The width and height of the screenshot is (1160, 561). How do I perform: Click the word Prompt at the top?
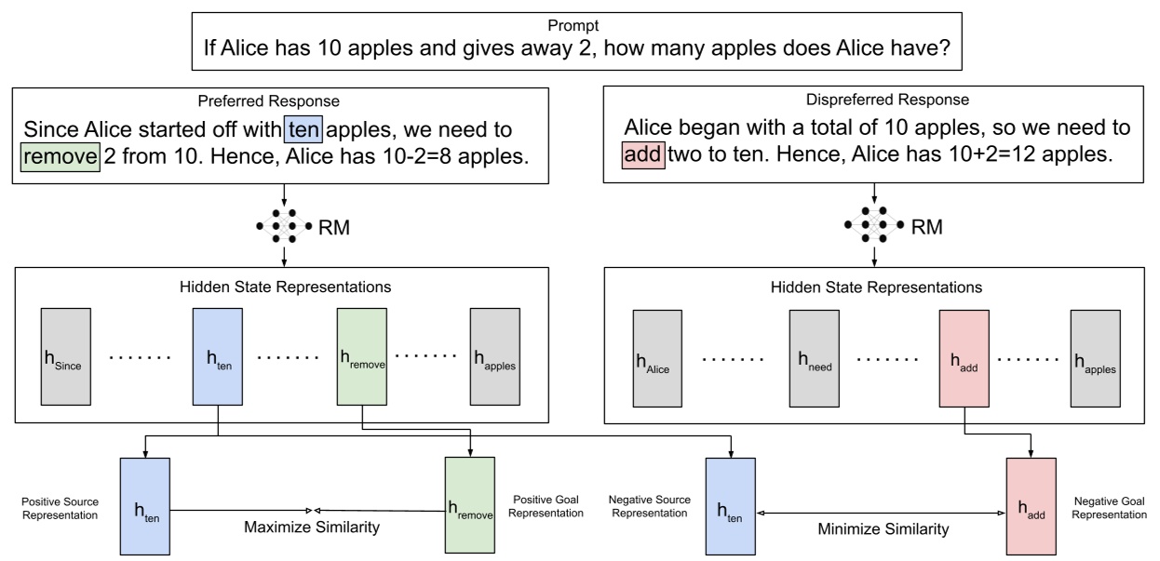[x=573, y=25]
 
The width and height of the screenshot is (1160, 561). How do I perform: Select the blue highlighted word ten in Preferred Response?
[x=303, y=129]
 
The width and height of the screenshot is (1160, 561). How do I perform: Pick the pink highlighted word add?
[x=643, y=154]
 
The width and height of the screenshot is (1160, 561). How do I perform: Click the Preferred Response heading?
[x=268, y=100]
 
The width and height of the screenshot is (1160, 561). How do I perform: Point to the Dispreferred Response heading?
[x=887, y=100]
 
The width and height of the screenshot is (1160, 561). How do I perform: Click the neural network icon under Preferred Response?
[x=284, y=226]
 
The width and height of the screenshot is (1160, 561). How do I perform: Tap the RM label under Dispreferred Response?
[x=927, y=227]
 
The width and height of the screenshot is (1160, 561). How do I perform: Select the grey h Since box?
[x=66, y=356]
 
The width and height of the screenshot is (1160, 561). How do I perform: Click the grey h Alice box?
[x=657, y=358]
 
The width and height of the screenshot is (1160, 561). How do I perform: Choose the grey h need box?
[x=814, y=358]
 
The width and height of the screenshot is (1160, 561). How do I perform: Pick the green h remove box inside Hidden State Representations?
[x=362, y=356]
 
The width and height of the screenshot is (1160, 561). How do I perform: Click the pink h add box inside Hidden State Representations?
[x=964, y=358]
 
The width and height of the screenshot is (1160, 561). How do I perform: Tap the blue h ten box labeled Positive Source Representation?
[x=145, y=507]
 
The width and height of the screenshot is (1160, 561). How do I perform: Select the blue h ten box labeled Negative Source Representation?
[x=731, y=507]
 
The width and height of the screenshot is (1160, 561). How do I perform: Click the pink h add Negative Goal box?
[x=1031, y=507]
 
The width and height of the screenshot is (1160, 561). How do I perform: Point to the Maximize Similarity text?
[x=312, y=528]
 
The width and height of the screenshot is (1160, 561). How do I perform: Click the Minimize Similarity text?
[x=883, y=529]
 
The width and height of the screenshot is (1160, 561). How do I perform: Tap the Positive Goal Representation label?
[x=546, y=506]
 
